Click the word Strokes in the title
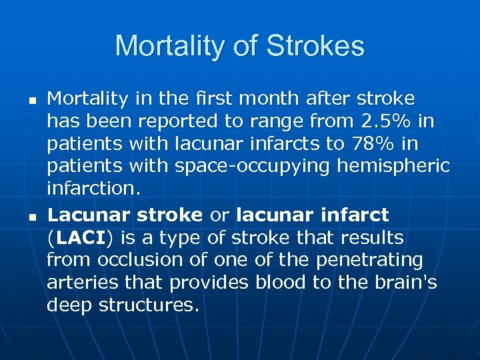tap(315, 47)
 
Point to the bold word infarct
tap(356, 215)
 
